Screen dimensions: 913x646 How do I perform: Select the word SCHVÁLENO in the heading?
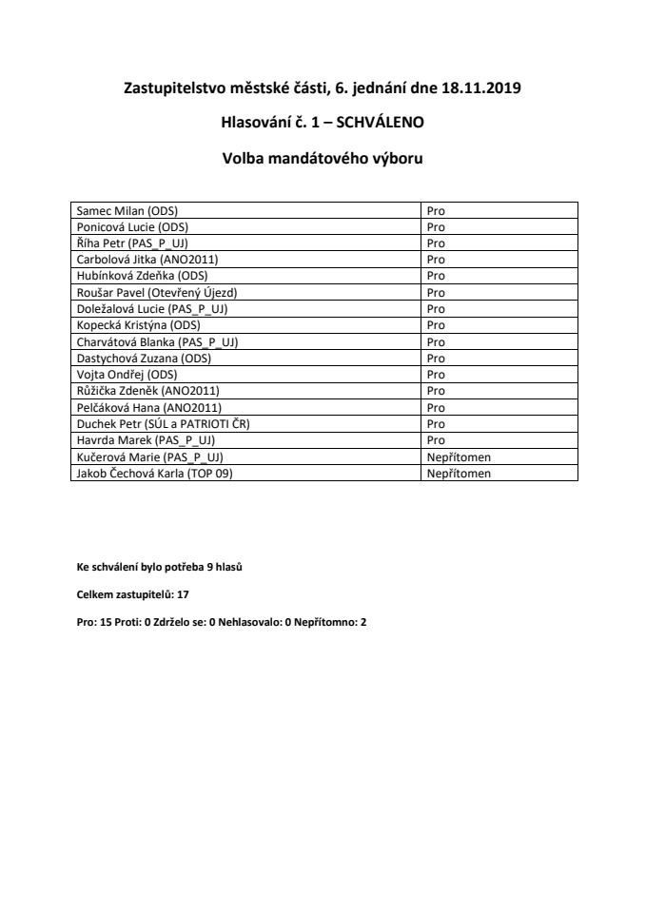[378, 123]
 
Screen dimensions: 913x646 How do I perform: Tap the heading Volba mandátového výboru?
[323, 159]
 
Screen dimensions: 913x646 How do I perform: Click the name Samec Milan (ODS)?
[127, 210]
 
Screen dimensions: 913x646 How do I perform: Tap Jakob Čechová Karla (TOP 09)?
[154, 473]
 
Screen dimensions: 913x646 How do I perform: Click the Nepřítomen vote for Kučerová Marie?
[459, 456]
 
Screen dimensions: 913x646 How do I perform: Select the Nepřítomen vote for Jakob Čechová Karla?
[459, 473]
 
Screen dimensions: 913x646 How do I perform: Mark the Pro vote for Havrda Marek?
[436, 440]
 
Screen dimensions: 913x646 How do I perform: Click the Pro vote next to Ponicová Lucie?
[436, 226]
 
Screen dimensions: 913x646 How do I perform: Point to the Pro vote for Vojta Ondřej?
[436, 374]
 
